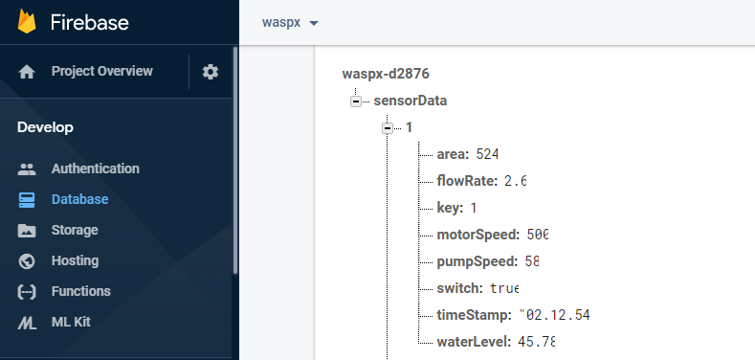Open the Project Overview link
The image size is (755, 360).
pyautogui.click(x=101, y=71)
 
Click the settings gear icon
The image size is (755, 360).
pyautogui.click(x=211, y=72)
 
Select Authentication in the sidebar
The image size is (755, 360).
pyautogui.click(x=95, y=169)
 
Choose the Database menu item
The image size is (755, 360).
pyautogui.click(x=79, y=199)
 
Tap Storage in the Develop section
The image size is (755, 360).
pyautogui.click(x=75, y=230)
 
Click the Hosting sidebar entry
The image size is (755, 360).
pyautogui.click(x=75, y=260)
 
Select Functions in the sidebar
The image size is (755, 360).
pyautogui.click(x=80, y=291)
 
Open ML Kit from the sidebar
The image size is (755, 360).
pyautogui.click(x=71, y=322)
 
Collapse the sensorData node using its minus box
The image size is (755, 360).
pyautogui.click(x=357, y=101)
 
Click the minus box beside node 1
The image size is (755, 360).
pyautogui.click(x=388, y=127)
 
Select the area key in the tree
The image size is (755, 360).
pyautogui.click(x=451, y=154)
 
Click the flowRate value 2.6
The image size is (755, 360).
pyautogui.click(x=515, y=181)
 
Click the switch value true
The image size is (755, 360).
pyautogui.click(x=503, y=288)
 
